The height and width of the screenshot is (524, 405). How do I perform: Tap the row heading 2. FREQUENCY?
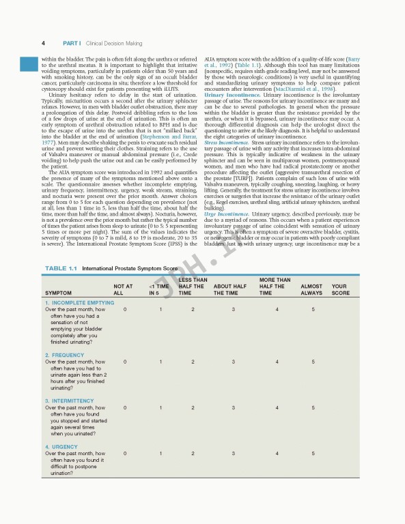[66, 355]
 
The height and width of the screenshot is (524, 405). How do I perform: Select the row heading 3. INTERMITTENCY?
[71, 401]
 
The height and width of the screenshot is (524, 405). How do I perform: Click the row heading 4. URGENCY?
[61, 447]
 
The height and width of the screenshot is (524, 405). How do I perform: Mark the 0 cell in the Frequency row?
[125, 362]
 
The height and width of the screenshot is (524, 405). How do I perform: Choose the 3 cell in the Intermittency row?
[233, 408]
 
